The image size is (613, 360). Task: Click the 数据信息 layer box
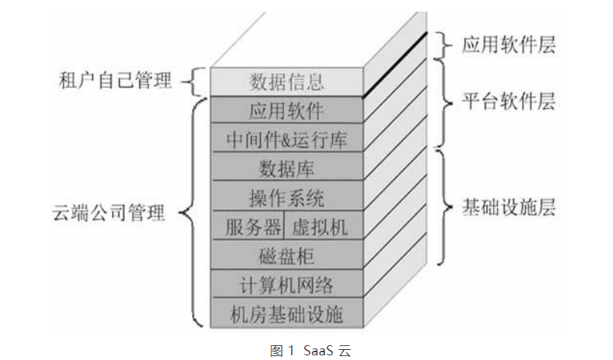click(x=286, y=81)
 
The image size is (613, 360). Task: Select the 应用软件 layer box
click(x=286, y=109)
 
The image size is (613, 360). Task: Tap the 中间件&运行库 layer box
click(x=286, y=138)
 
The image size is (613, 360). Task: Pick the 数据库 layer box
click(x=286, y=167)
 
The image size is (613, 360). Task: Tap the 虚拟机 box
click(x=319, y=226)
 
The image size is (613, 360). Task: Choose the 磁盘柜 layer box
click(x=286, y=255)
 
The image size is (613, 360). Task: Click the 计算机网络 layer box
click(x=286, y=285)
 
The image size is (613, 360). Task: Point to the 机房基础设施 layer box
click(x=286, y=314)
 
